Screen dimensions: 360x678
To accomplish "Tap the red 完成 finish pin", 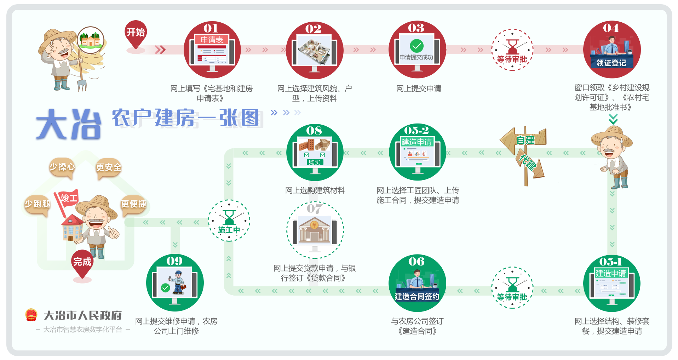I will click(82, 262).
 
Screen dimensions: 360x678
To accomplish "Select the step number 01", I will click(211, 28).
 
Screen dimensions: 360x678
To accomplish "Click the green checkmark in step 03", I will click(416, 46).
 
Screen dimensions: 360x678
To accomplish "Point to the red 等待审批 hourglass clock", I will click(512, 50).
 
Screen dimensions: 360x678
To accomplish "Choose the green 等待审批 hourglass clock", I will click(512, 287).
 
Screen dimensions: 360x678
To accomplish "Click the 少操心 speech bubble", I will click(62, 166).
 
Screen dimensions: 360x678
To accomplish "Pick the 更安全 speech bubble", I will click(108, 167).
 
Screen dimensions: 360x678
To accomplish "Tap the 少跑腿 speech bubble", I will click(37, 204).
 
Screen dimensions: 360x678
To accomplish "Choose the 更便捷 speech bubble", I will click(133, 204).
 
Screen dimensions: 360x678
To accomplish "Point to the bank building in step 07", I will click(314, 230).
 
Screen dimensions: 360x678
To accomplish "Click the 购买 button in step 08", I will click(314, 162).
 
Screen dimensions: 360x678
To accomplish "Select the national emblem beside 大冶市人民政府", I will click(31, 315).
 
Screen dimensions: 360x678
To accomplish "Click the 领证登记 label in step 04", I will click(611, 63).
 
